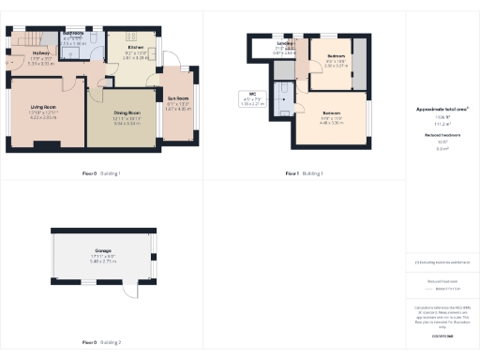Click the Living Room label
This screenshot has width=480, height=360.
pos(40,109)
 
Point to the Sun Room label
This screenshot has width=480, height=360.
pos(178,98)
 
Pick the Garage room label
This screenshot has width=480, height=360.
pos(104,251)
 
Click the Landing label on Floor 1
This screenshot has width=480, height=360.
pos(285,44)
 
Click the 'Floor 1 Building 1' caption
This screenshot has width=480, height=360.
pos(306,173)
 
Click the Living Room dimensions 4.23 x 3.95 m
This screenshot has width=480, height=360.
pos(40,118)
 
